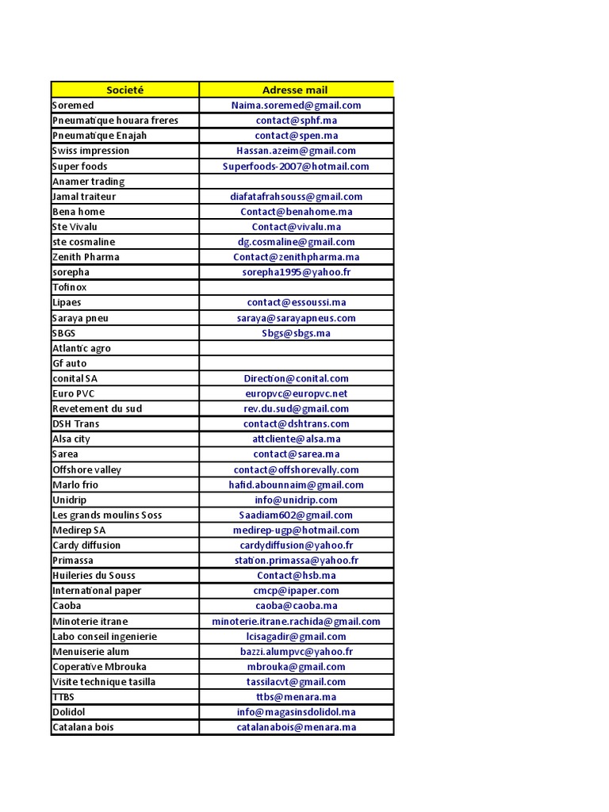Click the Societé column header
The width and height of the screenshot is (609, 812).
click(124, 90)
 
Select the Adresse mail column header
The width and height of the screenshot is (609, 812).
click(295, 90)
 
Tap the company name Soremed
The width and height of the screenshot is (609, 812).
click(73, 105)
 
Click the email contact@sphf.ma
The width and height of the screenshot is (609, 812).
click(296, 121)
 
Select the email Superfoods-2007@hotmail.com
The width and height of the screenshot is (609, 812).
click(296, 167)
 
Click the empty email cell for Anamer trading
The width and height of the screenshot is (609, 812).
click(296, 182)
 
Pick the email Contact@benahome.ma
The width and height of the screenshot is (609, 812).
click(296, 212)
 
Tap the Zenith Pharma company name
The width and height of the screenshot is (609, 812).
click(86, 257)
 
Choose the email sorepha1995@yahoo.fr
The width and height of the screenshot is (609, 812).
click(296, 272)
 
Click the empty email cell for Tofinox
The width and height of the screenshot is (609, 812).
click(296, 287)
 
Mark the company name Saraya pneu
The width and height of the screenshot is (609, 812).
click(80, 318)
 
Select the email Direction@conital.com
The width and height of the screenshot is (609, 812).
click(296, 378)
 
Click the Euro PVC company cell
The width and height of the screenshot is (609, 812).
click(75, 393)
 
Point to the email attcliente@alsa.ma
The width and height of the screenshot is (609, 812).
click(296, 439)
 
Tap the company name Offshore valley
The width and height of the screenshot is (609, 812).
click(86, 469)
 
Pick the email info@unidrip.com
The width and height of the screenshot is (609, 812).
click(296, 500)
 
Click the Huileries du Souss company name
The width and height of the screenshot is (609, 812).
click(94, 575)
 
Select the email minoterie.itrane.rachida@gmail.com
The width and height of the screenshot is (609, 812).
click(296, 621)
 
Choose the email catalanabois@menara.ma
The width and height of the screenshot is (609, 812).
click(296, 727)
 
